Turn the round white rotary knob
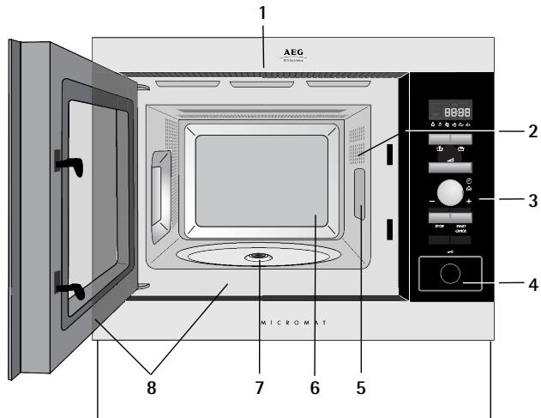coord(448,191)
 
